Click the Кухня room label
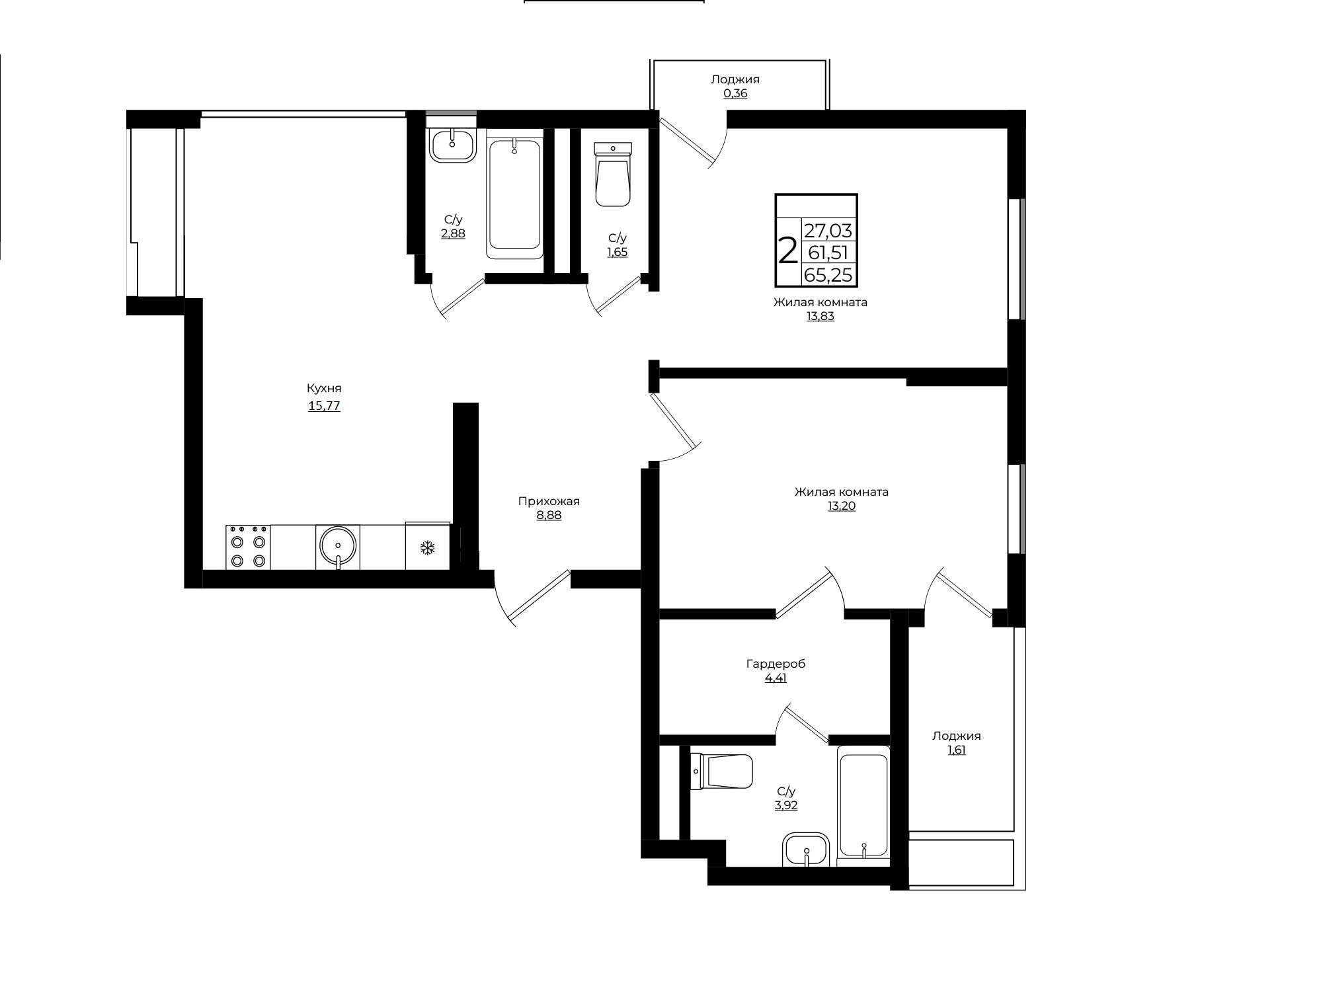(324, 389)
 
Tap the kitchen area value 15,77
(324, 406)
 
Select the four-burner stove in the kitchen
(248, 547)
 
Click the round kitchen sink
(338, 547)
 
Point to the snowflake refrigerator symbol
(428, 547)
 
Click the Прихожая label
(549, 502)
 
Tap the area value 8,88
(549, 516)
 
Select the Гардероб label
(776, 664)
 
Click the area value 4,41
(776, 678)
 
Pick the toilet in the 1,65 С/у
(613, 174)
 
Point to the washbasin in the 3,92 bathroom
(806, 850)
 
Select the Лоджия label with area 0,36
(735, 79)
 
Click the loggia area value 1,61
(957, 750)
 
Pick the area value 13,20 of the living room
(842, 506)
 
